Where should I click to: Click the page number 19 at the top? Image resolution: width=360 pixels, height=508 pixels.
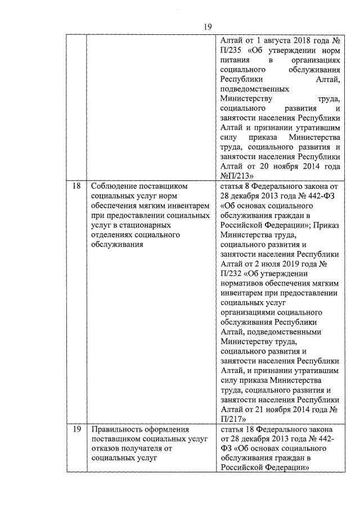pos(207,27)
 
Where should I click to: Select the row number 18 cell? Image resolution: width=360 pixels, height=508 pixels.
pos(77,186)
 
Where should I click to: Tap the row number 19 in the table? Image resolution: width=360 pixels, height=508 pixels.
pos(77,429)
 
